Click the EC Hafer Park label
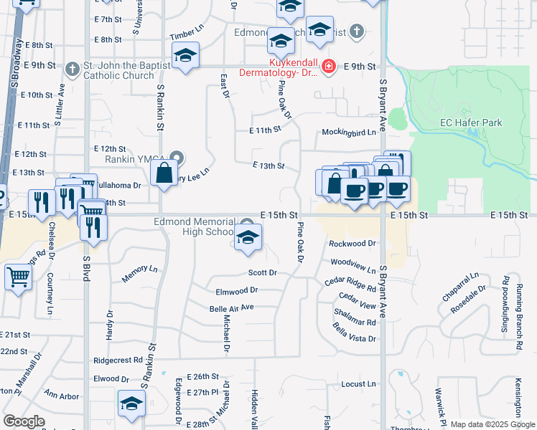471,123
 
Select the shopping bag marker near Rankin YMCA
164,173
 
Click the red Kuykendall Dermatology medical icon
328,67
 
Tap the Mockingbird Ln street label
349,133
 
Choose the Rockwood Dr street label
352,244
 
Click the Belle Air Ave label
232,307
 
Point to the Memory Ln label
139,269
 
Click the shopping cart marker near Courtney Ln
17,277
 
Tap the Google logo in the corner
24,421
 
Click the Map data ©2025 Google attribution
492,424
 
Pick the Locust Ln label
358,385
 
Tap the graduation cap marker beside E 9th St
185,56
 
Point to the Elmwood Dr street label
236,291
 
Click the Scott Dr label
262,272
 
